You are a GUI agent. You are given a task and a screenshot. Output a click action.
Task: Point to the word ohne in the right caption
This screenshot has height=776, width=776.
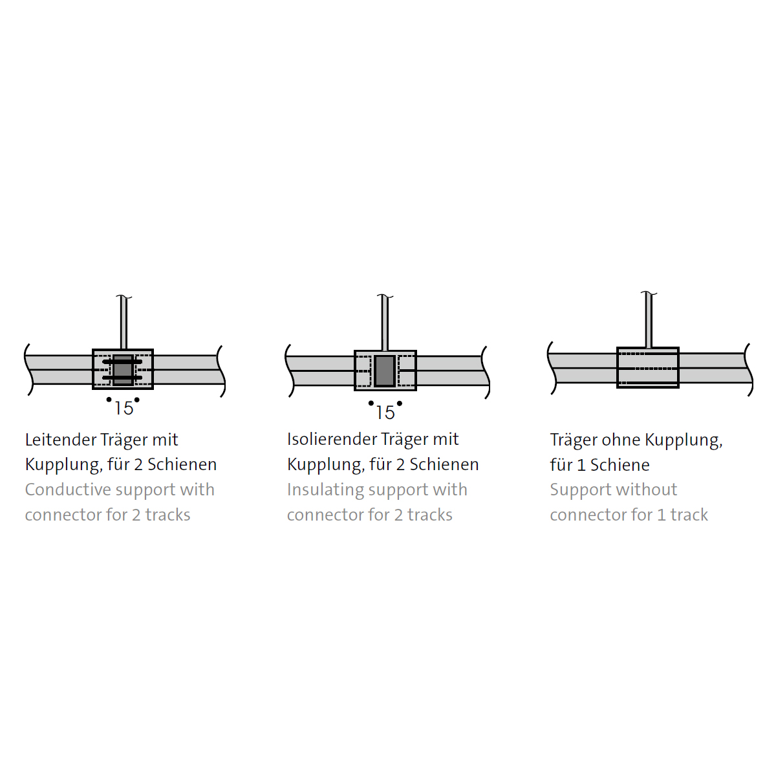tap(621, 440)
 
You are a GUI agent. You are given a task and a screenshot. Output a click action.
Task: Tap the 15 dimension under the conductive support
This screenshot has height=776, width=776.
tap(124, 408)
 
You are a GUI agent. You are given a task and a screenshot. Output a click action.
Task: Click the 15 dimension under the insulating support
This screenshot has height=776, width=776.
tap(385, 412)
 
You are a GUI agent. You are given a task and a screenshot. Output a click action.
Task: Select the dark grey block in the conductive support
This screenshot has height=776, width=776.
tap(123, 370)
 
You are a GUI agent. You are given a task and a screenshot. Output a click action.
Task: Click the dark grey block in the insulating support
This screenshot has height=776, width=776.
tap(385, 371)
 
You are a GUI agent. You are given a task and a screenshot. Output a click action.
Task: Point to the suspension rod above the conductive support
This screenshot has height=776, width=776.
tap(123, 323)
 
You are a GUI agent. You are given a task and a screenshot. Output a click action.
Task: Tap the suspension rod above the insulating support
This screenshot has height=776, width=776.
tap(385, 323)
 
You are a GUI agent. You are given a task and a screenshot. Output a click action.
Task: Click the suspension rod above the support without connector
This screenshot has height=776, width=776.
tap(648, 320)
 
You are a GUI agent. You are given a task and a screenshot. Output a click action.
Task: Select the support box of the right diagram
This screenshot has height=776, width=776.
tap(648, 367)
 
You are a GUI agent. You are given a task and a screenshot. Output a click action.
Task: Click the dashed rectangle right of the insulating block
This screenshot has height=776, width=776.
tap(406, 371)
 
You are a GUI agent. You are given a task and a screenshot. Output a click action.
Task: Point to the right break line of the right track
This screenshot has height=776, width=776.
tap(749, 369)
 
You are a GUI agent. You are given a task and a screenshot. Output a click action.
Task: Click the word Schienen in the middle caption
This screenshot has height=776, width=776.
tap(444, 465)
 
